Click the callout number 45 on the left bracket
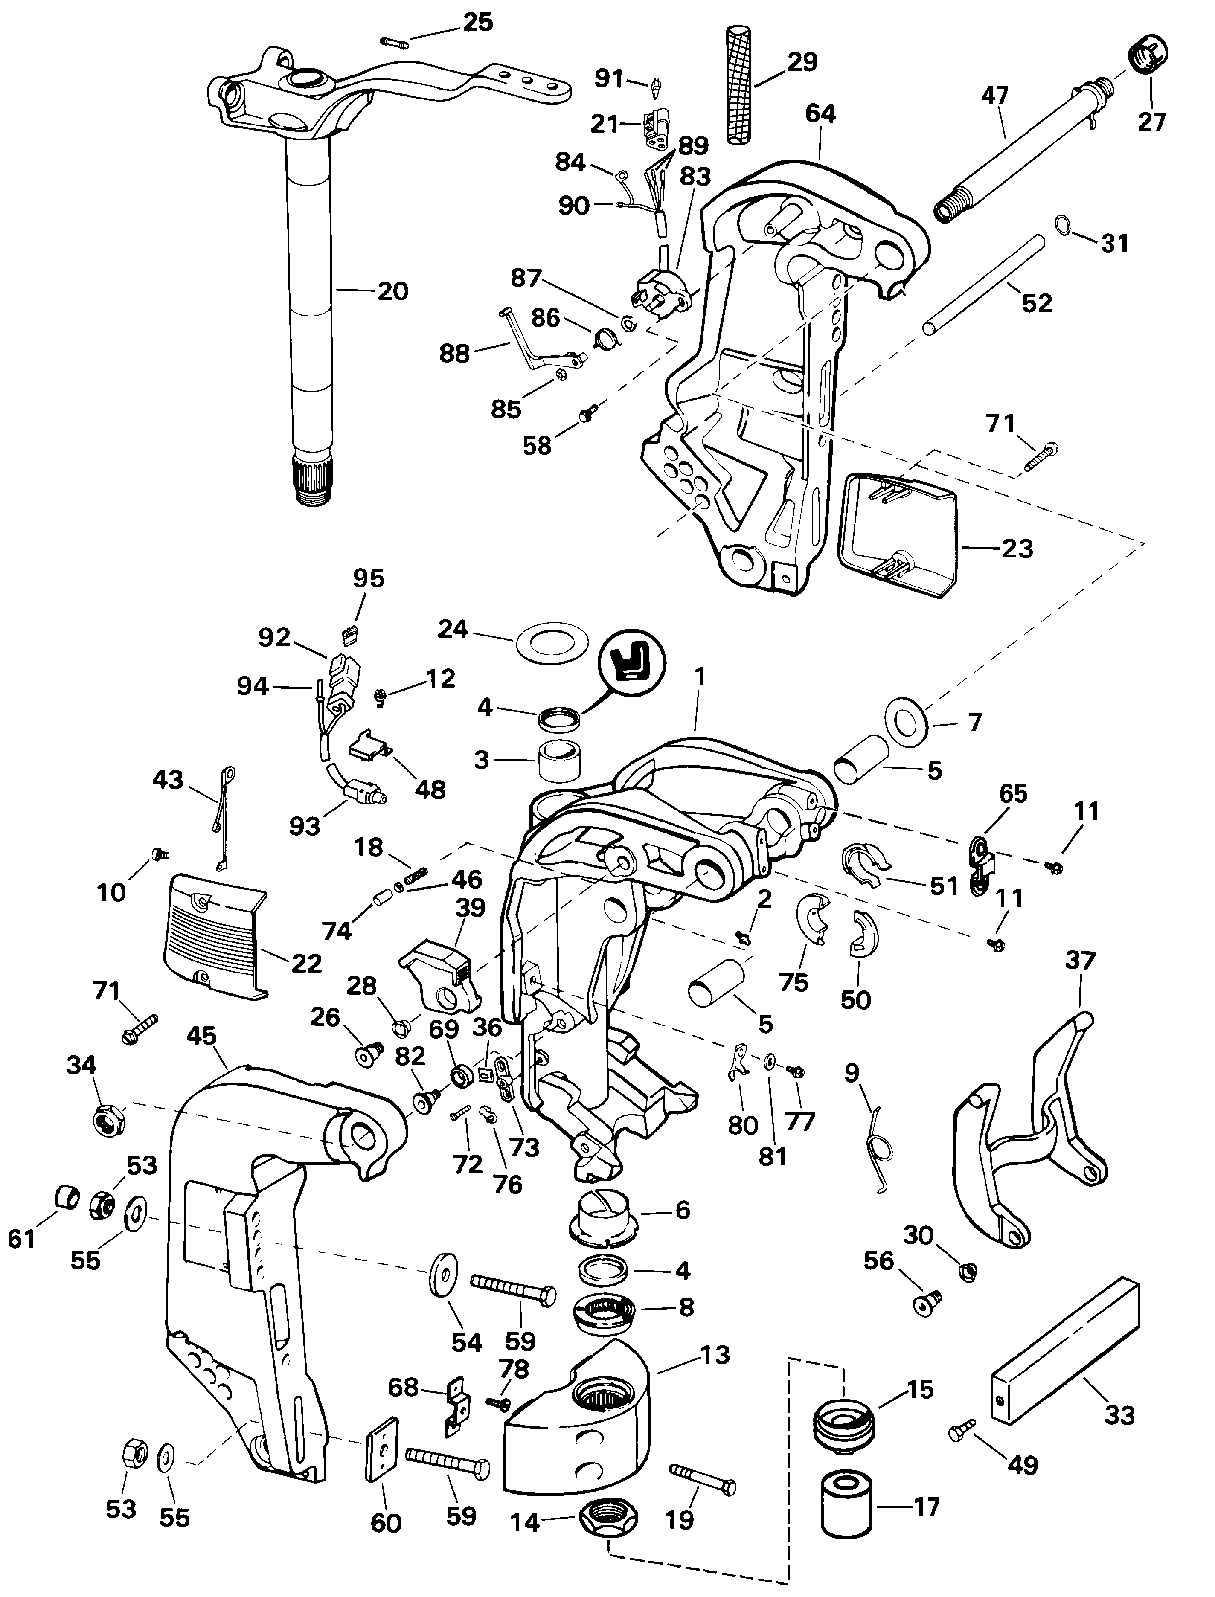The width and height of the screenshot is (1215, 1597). pyautogui.click(x=202, y=1037)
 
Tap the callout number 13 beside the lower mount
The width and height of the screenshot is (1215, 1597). pyautogui.click(x=715, y=1355)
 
